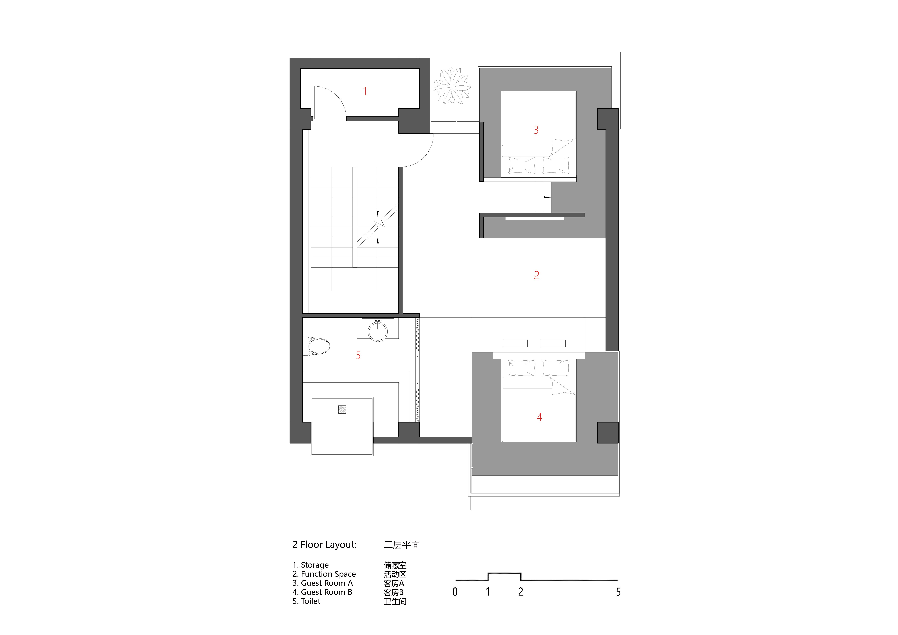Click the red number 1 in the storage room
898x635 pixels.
point(365,91)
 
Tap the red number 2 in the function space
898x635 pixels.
point(537,275)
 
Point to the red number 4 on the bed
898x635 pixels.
point(539,417)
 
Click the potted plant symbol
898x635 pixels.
point(452,86)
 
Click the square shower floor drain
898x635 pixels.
point(342,409)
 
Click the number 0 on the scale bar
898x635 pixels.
point(455,592)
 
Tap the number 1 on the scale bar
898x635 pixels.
point(488,592)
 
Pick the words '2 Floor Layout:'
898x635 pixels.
point(325,545)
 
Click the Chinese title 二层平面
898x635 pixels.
point(402,545)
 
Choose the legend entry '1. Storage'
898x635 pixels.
point(311,565)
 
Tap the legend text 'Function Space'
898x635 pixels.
point(328,574)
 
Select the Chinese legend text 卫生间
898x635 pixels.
point(395,601)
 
